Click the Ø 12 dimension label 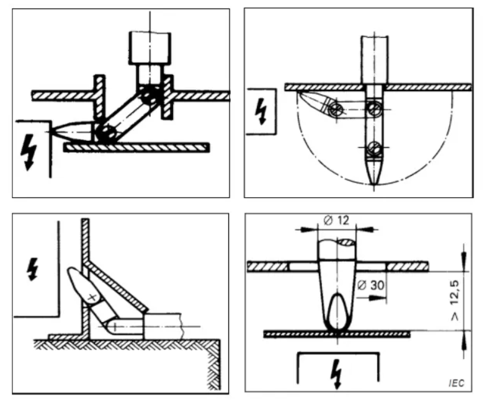[336, 221]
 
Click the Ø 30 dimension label [371, 285]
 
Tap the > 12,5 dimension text [455, 301]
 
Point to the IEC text [456, 383]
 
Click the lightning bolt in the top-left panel [29, 152]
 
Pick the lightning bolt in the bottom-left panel [33, 269]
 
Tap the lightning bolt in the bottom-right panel [337, 374]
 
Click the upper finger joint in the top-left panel [150, 96]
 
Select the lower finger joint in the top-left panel [105, 133]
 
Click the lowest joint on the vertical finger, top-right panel [375, 148]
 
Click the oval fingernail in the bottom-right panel [337, 311]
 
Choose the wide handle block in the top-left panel [150, 48]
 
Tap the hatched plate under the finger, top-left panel [136, 148]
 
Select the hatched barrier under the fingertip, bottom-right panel [337, 334]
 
